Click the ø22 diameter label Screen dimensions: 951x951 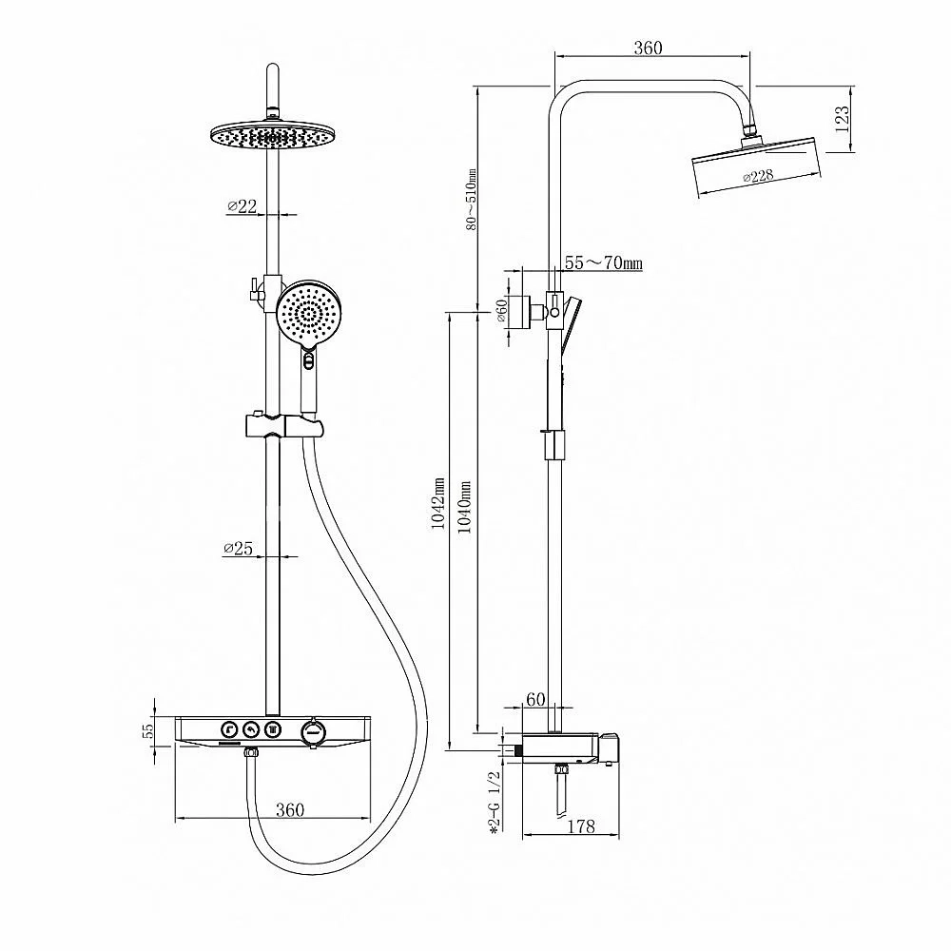point(242,206)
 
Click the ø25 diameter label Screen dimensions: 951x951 point(238,549)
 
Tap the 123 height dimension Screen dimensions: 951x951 point(842,119)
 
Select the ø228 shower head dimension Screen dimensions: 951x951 point(758,177)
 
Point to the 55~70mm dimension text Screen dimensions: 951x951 point(604,263)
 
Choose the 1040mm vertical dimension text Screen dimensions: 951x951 point(465,507)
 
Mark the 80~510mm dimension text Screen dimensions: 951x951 point(472,200)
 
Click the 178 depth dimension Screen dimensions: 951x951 point(581,825)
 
